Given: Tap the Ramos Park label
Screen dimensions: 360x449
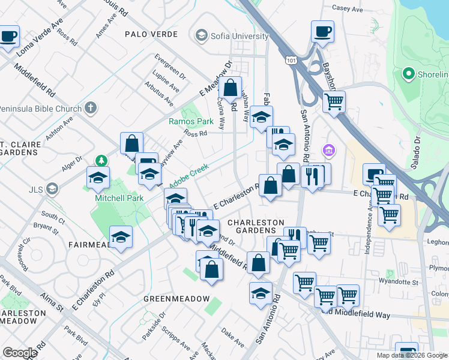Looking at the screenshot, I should (x=191, y=121).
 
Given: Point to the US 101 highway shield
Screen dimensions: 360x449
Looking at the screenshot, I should (x=291, y=61).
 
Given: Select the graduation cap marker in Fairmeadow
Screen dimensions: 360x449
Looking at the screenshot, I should (x=121, y=236).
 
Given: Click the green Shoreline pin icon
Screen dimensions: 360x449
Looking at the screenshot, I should (x=409, y=74).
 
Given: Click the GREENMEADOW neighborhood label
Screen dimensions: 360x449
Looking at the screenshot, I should (x=176, y=299).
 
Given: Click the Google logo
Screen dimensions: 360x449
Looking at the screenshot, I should (x=20, y=353).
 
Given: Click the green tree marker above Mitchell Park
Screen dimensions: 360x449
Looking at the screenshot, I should (x=101, y=161).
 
